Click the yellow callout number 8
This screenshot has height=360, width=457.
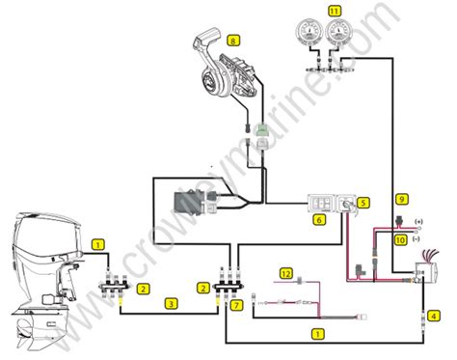point(233,41)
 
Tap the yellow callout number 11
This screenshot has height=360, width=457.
point(335,12)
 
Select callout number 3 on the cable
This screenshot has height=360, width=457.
point(171,304)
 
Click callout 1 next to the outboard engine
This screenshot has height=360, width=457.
point(98,245)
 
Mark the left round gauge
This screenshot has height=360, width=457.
point(309,32)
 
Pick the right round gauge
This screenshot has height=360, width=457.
point(339,32)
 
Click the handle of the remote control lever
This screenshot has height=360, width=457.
point(207,37)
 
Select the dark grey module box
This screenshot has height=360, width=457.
point(189,205)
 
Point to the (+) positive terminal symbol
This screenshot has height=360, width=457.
point(418,222)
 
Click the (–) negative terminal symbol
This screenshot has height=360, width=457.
point(416,239)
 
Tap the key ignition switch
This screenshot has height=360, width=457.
point(346,204)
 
